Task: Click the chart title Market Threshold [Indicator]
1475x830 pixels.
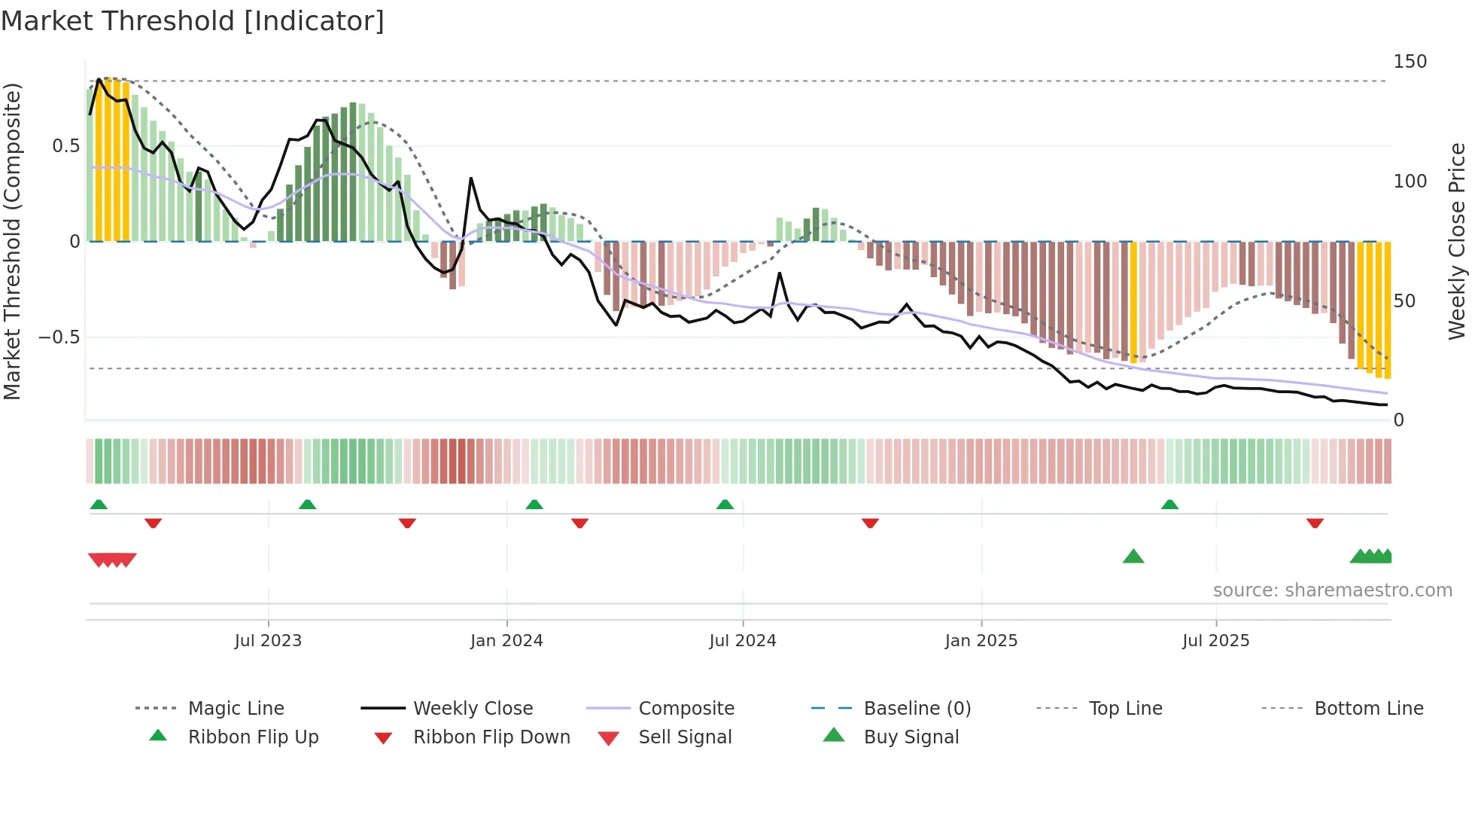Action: [193, 21]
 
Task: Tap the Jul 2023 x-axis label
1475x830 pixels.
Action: [268, 641]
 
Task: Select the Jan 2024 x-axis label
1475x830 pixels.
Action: [506, 641]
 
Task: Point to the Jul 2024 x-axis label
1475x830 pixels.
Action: [743, 641]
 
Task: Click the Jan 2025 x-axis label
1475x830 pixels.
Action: [981, 641]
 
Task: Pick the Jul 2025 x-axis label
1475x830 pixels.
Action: [1216, 641]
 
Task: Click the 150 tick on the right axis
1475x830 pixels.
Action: [1410, 62]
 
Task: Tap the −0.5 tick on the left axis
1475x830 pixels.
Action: [59, 337]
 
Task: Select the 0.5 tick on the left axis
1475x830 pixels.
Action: [65, 146]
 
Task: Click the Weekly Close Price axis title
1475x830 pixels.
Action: [1457, 241]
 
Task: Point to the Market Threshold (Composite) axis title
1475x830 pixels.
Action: [13, 241]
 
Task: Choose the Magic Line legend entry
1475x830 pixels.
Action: [236, 709]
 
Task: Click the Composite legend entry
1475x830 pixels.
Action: [686, 709]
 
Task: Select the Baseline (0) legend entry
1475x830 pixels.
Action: [917, 709]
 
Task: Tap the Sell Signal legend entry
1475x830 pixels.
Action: [684, 737]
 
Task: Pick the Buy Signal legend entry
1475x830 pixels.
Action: [911, 737]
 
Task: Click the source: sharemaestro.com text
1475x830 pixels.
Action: [1332, 590]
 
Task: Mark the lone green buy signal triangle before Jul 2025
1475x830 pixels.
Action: [1133, 557]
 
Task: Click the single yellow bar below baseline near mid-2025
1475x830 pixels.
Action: [1134, 301]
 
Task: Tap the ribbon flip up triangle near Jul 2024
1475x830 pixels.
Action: [725, 505]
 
